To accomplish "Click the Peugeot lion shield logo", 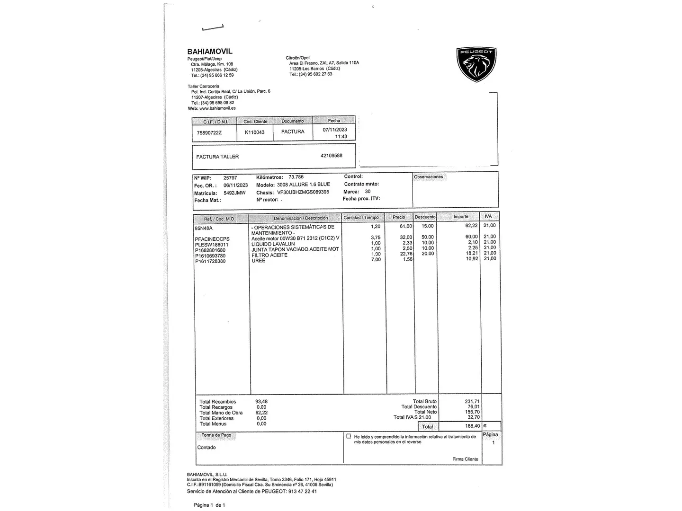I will pyautogui.click(x=476, y=64).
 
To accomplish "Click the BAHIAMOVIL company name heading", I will pyautogui.click(x=210, y=52).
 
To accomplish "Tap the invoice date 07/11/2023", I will pyautogui.click(x=335, y=130).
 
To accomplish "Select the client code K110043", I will pyautogui.click(x=254, y=132).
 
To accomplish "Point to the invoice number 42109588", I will pyautogui.click(x=331, y=156).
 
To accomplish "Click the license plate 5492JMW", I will pyautogui.click(x=234, y=193).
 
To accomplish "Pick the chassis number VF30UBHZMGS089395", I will pyautogui.click(x=303, y=193).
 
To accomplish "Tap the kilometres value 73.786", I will pyautogui.click(x=296, y=177).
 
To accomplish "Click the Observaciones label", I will pyautogui.click(x=428, y=177).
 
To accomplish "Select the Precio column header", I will pyautogui.click(x=399, y=217).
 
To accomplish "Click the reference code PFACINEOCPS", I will pyautogui.click(x=212, y=239).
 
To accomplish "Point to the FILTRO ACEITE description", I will pyautogui.click(x=269, y=255).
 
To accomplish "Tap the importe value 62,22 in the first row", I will pyautogui.click(x=471, y=226).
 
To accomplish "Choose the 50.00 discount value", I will pyautogui.click(x=428, y=237).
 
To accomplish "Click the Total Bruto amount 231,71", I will pyautogui.click(x=472, y=401).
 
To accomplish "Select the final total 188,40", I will pyautogui.click(x=472, y=426).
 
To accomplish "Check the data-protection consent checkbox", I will pyautogui.click(x=349, y=436).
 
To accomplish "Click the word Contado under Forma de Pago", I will pyautogui.click(x=206, y=448).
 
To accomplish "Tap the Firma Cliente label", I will pyautogui.click(x=465, y=459).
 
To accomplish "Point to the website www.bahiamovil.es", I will pyautogui.click(x=217, y=108).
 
